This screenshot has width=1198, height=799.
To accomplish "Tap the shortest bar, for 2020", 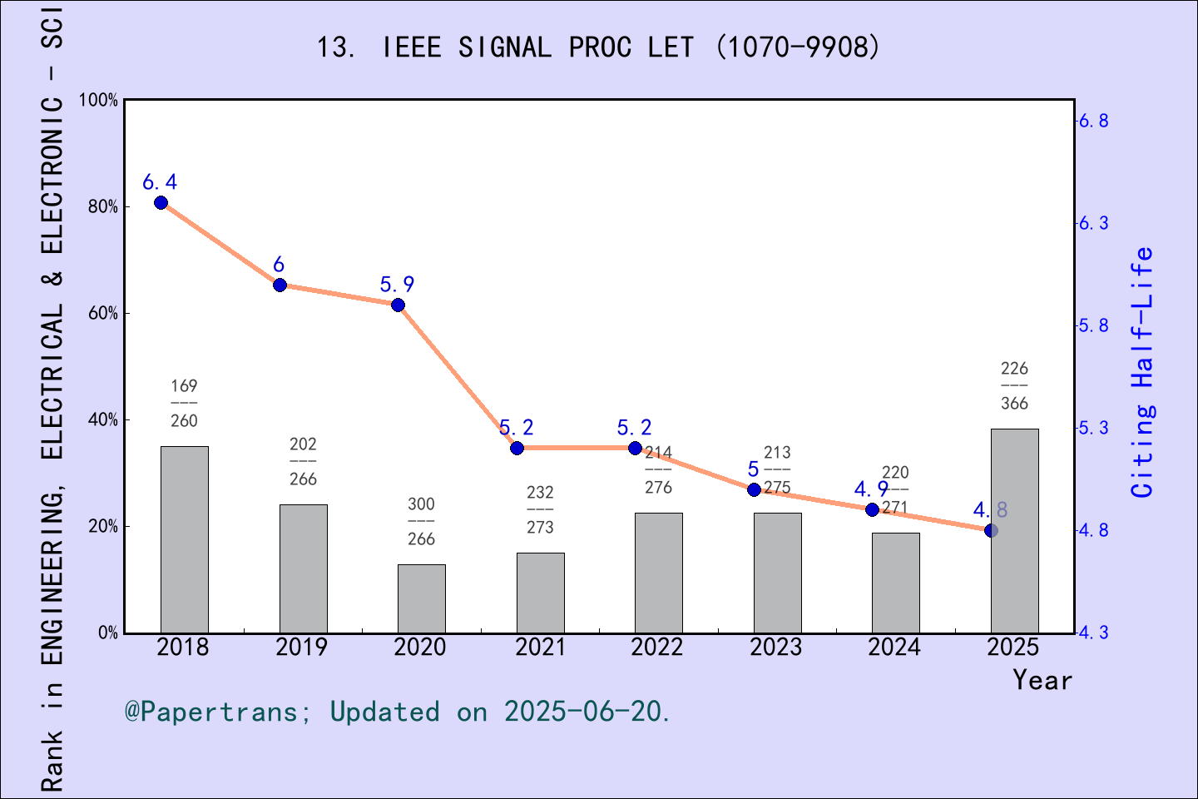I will (x=421, y=598).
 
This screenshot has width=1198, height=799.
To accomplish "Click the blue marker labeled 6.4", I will (x=161, y=203).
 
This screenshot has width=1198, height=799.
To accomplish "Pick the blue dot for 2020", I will (x=398, y=305).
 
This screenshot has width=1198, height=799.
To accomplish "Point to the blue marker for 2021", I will (x=517, y=448).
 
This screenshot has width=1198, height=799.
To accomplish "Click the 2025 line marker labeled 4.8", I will (x=991, y=530).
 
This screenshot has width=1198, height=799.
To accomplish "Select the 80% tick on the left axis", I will (x=103, y=206).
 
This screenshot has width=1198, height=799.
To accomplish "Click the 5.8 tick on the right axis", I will (x=1093, y=325).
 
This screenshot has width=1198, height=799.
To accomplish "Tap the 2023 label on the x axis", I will (x=775, y=648).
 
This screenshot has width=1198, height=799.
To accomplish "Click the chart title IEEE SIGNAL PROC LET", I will (x=597, y=47).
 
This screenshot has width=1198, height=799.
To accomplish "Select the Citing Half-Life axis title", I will (x=1143, y=372).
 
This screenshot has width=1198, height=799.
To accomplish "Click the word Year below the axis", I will (x=1042, y=681).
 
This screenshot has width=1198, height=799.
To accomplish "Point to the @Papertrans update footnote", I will (x=397, y=712).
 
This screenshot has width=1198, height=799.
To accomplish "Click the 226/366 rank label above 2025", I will (x=1014, y=385).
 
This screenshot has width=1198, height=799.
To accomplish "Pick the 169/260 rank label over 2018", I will (x=184, y=403).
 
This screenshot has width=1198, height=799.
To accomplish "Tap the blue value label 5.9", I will (x=397, y=285).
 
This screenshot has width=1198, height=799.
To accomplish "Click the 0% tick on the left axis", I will (x=108, y=633).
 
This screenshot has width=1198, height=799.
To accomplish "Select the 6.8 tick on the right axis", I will (x=1093, y=122).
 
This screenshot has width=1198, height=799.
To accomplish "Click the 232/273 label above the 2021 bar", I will (x=540, y=509).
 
